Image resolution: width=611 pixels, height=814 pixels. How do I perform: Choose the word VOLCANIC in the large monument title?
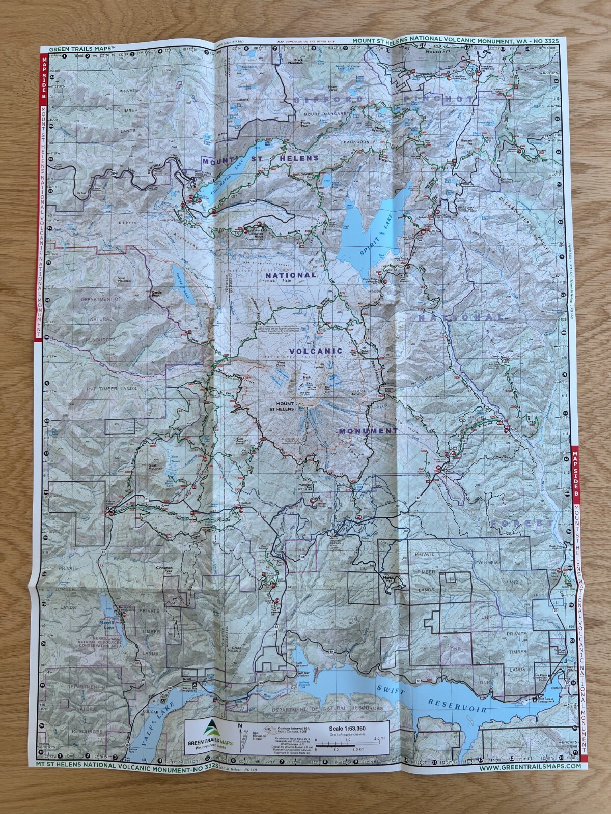[316, 351]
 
